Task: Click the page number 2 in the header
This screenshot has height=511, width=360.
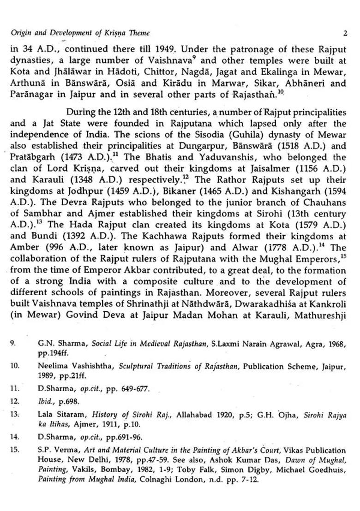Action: coord(345,33)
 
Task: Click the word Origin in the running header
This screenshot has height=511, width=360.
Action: coord(19,33)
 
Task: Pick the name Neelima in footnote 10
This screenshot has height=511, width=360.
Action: coord(52,367)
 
